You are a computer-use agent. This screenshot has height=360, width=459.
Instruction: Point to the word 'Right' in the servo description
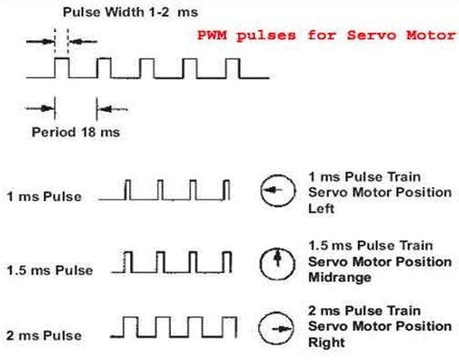(325, 343)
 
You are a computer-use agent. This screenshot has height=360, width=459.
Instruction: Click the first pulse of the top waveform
(62, 67)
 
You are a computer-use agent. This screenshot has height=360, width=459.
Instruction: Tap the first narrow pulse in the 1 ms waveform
(129, 189)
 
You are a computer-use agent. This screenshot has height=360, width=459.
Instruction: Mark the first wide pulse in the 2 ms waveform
(133, 325)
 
